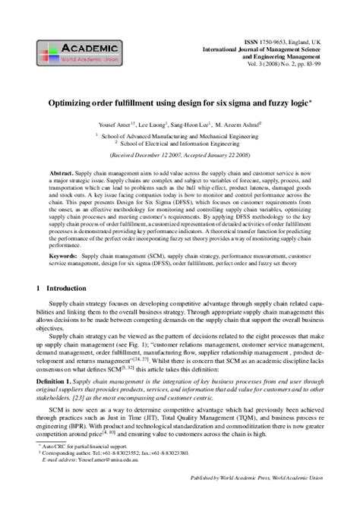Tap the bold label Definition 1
(58, 377)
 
